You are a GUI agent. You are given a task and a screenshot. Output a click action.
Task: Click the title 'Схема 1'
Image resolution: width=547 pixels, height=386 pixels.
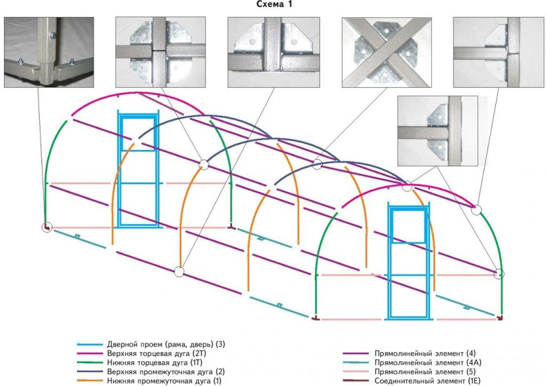click(x=273, y=5)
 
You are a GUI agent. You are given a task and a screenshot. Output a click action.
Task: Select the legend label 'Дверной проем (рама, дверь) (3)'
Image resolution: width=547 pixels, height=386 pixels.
click(x=166, y=344)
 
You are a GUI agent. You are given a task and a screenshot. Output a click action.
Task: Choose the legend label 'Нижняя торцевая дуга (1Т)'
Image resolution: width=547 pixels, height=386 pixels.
click(x=154, y=363)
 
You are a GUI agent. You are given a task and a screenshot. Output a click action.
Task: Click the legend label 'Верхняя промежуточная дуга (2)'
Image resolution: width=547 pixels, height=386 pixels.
click(x=166, y=372)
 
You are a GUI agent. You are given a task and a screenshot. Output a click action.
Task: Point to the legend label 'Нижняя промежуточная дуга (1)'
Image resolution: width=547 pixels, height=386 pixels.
click(x=164, y=381)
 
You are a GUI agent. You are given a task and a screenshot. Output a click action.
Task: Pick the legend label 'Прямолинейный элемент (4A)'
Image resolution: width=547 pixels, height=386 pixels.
click(x=428, y=363)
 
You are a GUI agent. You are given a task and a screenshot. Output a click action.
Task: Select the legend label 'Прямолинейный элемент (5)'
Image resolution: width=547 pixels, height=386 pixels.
click(x=425, y=372)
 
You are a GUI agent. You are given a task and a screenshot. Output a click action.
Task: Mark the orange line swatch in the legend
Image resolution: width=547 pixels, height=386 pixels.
click(x=90, y=381)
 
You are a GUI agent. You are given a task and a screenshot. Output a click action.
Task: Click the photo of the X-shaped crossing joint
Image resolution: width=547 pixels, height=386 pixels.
click(x=387, y=52)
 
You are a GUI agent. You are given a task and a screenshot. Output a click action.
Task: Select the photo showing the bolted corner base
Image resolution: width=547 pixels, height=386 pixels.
click(x=49, y=52)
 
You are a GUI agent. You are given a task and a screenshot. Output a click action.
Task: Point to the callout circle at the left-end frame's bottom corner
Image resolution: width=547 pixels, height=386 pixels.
click(x=47, y=227)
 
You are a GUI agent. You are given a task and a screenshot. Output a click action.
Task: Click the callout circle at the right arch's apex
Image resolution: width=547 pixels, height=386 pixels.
click(x=407, y=186)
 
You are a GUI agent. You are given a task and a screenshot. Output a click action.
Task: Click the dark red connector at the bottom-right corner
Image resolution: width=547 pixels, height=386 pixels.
click(x=500, y=318)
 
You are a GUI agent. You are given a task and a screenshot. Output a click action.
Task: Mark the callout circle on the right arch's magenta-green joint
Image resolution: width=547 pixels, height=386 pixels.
click(x=477, y=210)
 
